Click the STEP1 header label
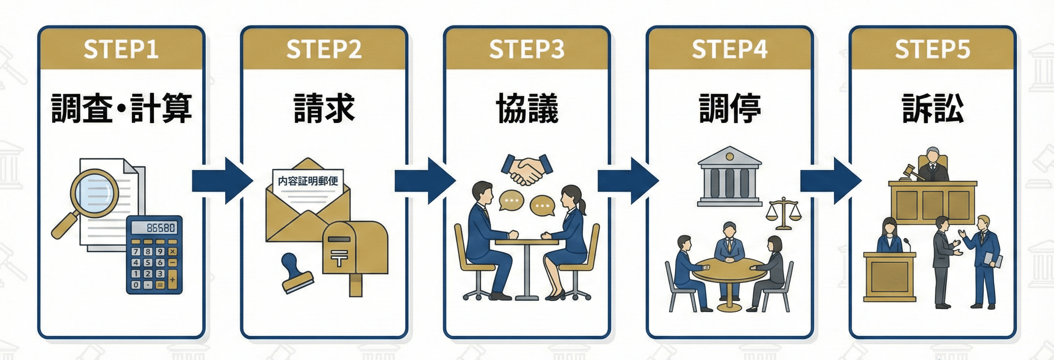tap(121, 49)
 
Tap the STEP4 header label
tap(730, 49)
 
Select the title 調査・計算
tap(121, 108)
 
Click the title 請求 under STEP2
tap(324, 108)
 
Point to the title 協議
tap(527, 108)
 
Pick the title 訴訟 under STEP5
tap(933, 108)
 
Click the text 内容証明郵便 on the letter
tap(308, 181)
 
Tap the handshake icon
tap(527, 169)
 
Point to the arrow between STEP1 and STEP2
tap(222, 180)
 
